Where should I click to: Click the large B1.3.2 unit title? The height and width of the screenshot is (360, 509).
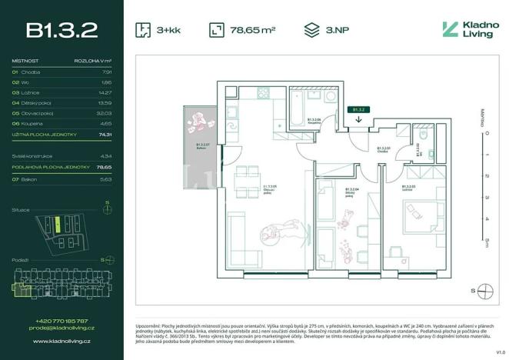tap(62, 30)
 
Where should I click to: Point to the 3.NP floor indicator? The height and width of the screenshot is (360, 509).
tap(334, 31)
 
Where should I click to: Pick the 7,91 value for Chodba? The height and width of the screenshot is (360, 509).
tap(106, 72)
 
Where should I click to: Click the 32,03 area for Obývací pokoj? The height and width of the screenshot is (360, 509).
tap(105, 113)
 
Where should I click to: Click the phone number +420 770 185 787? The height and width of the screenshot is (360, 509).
tap(62, 321)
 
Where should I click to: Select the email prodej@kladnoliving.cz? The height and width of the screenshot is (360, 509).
tap(62, 328)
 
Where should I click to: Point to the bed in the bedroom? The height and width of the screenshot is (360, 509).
tap(421, 212)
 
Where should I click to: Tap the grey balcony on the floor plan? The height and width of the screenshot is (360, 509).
tap(201, 147)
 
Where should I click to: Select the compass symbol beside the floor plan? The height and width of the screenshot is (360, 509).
tap(484, 290)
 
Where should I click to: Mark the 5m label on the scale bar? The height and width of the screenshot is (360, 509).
tap(486, 242)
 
